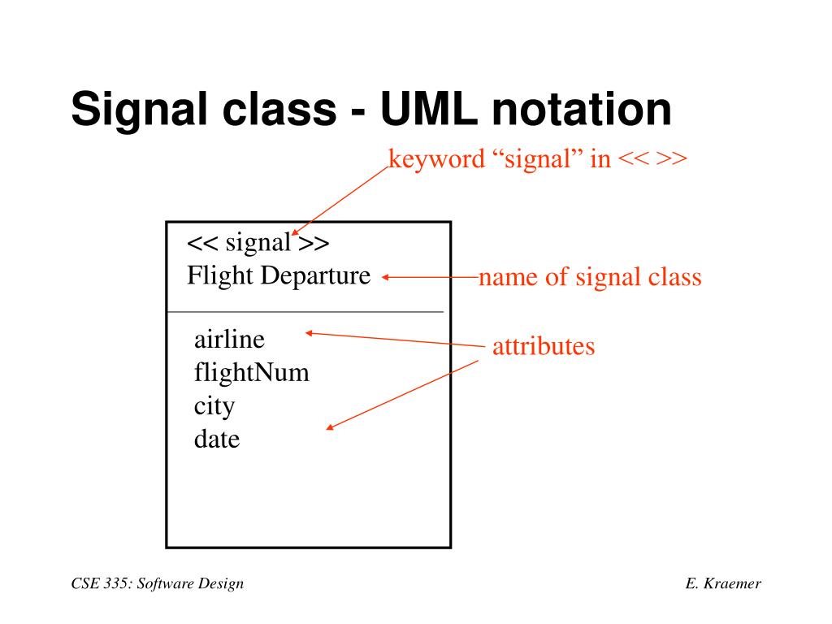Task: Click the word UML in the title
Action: [429, 110]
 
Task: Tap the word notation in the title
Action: [582, 110]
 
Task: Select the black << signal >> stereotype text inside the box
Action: [258, 243]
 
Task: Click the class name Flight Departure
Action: [279, 276]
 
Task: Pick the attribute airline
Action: [229, 340]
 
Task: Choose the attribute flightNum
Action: [252, 372]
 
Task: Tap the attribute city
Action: [214, 407]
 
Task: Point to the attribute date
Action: [217, 439]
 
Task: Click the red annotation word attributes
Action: [544, 346]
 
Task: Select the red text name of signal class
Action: [590, 277]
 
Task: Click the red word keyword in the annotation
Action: [436, 159]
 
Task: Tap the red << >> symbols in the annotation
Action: [652, 158]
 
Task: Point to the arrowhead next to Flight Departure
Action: [385, 277]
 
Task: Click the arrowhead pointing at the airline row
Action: [310, 333]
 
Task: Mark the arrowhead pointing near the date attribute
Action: [330, 427]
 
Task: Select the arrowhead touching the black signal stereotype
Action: [295, 232]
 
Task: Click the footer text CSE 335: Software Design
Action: [158, 583]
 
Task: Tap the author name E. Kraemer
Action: [723, 583]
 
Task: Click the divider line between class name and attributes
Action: [305, 312]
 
